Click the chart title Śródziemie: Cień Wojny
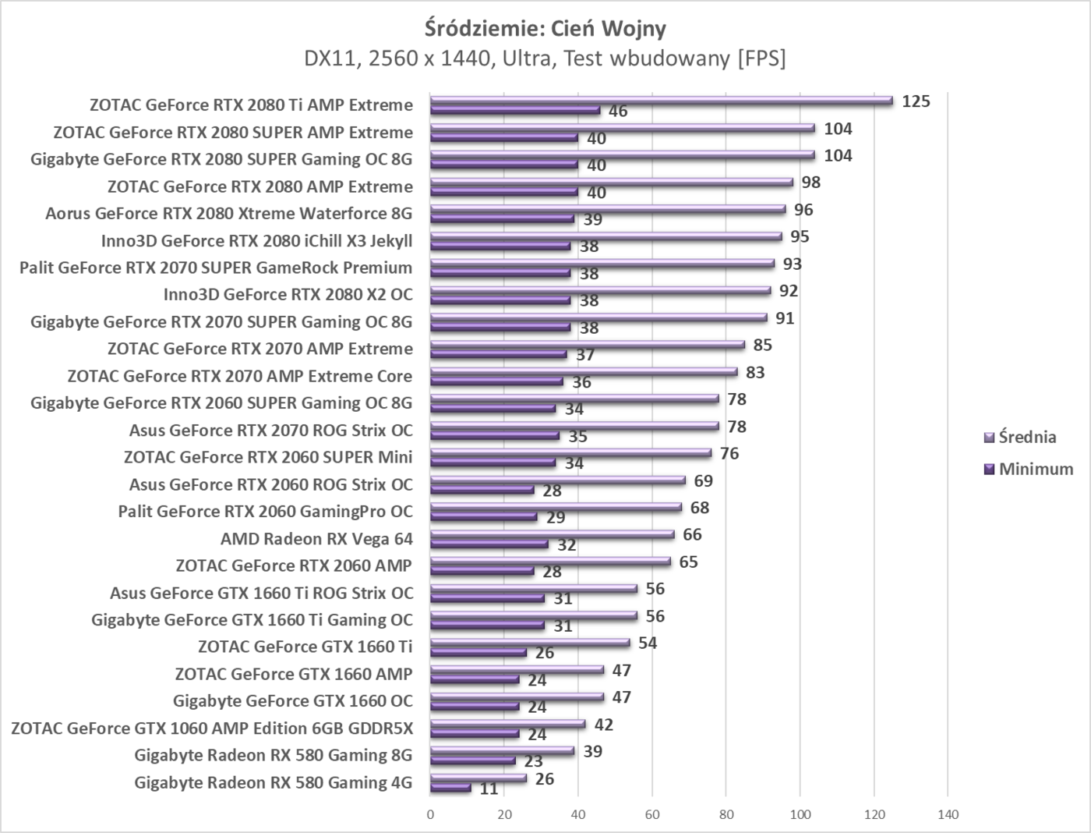pyautogui.click(x=545, y=29)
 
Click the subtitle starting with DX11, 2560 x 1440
pyautogui.click(x=545, y=58)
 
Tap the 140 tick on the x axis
pyautogui.click(x=948, y=815)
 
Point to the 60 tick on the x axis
pyautogui.click(x=652, y=815)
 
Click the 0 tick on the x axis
pyautogui.click(x=431, y=815)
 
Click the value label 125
pyautogui.click(x=916, y=101)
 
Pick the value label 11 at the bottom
pyautogui.click(x=489, y=789)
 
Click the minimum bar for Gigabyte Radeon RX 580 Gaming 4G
pyautogui.click(x=451, y=789)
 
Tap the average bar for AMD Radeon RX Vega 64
pyautogui.click(x=552, y=534)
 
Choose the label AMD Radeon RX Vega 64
pyautogui.click(x=316, y=539)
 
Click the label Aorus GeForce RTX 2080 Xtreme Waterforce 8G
pyautogui.click(x=228, y=214)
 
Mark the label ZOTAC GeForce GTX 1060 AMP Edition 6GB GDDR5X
pyautogui.click(x=212, y=728)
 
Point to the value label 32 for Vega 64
pyautogui.click(x=567, y=544)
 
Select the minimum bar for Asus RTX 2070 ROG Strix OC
pyautogui.click(x=495, y=436)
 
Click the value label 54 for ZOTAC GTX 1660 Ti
pyautogui.click(x=648, y=643)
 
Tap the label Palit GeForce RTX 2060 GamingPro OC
pyautogui.click(x=265, y=512)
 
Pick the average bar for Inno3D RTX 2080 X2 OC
pyautogui.click(x=600, y=290)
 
